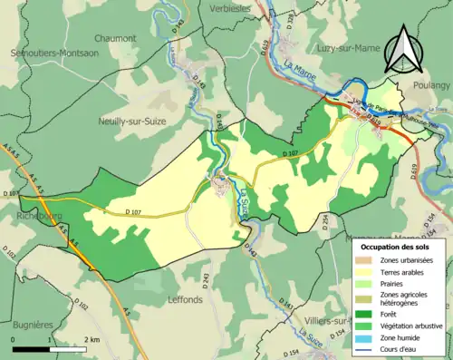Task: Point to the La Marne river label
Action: coord(299,68)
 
